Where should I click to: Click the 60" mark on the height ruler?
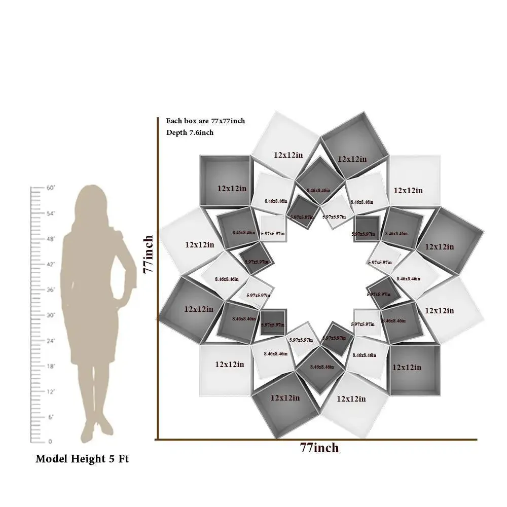50,188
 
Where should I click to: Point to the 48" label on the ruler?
50,239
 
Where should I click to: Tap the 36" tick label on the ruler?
50,290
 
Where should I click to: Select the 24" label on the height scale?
50,341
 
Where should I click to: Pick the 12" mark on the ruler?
50,391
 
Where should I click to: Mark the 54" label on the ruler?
50,213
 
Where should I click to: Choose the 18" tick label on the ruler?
50,366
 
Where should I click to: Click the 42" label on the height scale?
50,264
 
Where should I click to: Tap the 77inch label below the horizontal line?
319,448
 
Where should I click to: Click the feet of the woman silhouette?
96,428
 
